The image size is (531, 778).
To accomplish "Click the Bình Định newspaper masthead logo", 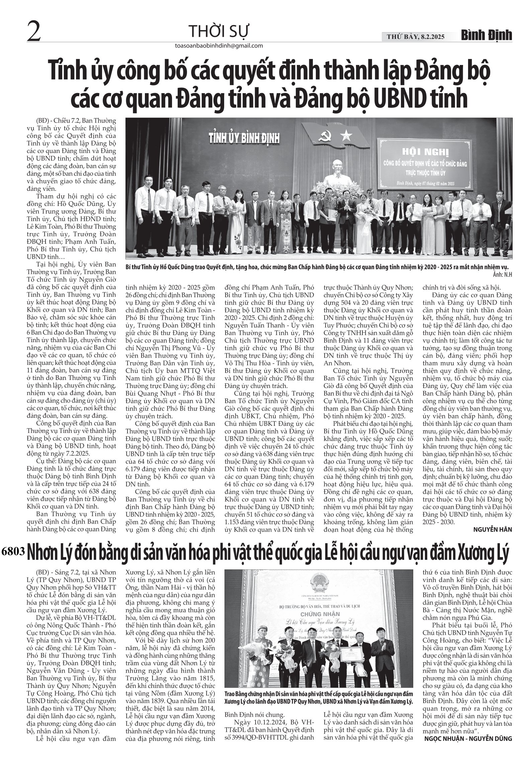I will (487, 35).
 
